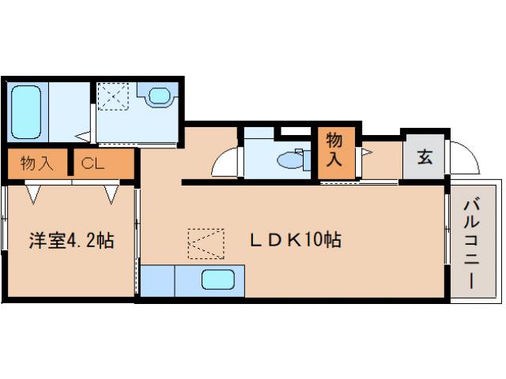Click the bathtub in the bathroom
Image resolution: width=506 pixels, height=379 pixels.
pos(26,112)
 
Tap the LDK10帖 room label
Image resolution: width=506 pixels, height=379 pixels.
pos(296,240)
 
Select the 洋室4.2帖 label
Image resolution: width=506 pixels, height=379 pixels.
pos(71,240)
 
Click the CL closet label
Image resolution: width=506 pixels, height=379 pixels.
pos(93,163)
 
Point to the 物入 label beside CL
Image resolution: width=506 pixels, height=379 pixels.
pos(37,163)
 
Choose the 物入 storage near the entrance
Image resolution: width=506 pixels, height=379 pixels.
pos(334,149)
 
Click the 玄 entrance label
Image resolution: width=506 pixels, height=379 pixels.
pos(425,157)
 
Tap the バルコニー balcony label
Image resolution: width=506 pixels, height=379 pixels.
pos(472,244)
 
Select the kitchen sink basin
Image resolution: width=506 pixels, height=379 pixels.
pos(218,280)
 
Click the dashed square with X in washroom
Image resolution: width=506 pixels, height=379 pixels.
pos(113,96)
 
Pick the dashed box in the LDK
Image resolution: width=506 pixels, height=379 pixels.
pos(206,244)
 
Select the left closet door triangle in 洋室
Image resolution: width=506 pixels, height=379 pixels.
pos(33,194)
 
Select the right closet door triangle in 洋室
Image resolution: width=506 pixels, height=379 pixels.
pos(111,194)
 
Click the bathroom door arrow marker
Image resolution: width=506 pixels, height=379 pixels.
pos(83,137)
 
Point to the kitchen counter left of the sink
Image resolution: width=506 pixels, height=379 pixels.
pos(158,281)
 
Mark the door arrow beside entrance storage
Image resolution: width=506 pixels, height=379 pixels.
pos(367,152)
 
